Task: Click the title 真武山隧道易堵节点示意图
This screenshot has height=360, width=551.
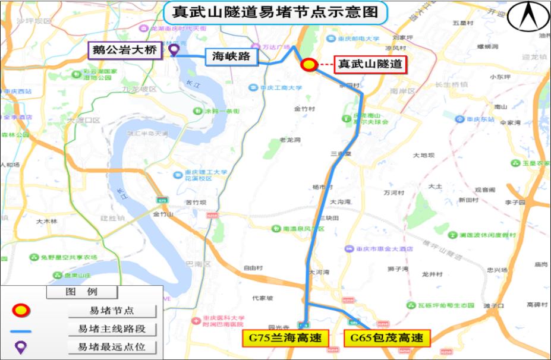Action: [275, 12]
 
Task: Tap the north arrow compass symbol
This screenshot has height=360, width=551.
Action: [528, 17]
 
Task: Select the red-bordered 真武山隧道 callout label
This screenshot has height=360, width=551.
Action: [370, 64]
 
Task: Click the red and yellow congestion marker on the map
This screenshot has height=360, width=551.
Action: [308, 65]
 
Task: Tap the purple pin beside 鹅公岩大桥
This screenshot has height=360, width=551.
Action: [174, 50]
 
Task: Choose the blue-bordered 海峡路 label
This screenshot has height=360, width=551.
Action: [231, 57]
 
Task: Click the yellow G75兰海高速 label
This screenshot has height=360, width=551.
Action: [285, 339]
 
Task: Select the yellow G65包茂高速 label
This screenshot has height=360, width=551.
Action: [386, 339]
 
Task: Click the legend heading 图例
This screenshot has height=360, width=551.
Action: [82, 292]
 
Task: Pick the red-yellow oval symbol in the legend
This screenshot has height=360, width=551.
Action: [21, 310]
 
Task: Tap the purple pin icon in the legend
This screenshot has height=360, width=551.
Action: [21, 347]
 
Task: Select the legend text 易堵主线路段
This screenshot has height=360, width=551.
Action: [112, 329]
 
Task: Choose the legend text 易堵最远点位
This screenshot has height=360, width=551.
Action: [112, 347]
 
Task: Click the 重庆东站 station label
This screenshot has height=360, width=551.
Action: [479, 119]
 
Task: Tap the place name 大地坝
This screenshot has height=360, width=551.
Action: [424, 156]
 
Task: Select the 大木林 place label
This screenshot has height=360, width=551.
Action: [46, 221]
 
